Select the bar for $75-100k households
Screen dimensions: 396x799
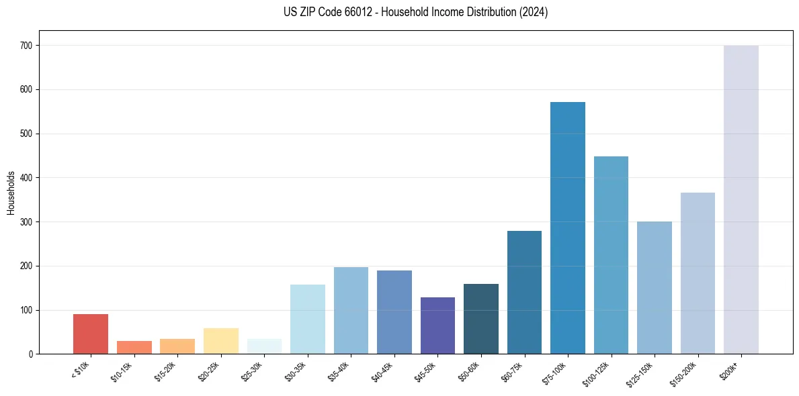568,228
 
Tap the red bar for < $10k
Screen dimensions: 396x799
91,334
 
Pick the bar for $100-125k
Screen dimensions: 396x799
611,255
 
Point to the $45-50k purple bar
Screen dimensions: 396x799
437,326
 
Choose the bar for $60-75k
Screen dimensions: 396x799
524,292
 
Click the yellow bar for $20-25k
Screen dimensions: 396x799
221,341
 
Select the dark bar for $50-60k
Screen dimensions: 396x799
481,319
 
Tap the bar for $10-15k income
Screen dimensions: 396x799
134,347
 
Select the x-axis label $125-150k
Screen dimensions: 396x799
642,374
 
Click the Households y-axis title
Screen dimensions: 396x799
11,193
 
